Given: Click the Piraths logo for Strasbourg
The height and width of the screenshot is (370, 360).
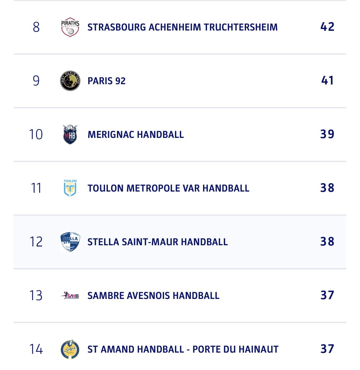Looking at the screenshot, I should (70, 27).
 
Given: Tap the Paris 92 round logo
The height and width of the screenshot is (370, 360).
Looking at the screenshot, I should (70, 81).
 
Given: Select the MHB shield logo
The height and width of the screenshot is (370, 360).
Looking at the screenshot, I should (70, 135).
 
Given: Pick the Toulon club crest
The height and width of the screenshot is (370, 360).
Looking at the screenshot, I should (70, 188).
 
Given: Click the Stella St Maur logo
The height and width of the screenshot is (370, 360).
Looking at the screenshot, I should (70, 242).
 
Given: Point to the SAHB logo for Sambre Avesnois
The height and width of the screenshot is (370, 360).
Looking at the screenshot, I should (70, 296).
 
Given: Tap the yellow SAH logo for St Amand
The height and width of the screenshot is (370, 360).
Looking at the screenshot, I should (70, 349).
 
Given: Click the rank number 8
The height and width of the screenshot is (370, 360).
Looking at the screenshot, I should (36, 27).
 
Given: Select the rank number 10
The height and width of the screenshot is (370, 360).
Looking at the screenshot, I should (36, 135).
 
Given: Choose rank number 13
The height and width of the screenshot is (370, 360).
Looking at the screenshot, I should (36, 296).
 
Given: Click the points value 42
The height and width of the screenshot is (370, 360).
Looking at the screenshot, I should (327, 27).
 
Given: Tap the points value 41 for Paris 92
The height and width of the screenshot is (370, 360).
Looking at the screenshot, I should (327, 81).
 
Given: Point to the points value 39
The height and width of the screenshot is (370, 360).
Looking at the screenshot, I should (327, 134).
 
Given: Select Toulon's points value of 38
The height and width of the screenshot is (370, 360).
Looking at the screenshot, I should (327, 188).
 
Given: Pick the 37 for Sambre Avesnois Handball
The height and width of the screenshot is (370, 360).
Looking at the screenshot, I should (327, 295).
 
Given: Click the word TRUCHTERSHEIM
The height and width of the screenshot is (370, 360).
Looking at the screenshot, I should (241, 27).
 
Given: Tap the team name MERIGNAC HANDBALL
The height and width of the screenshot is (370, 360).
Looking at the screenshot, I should (136, 135).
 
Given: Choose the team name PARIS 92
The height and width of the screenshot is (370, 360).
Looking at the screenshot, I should (106, 81).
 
